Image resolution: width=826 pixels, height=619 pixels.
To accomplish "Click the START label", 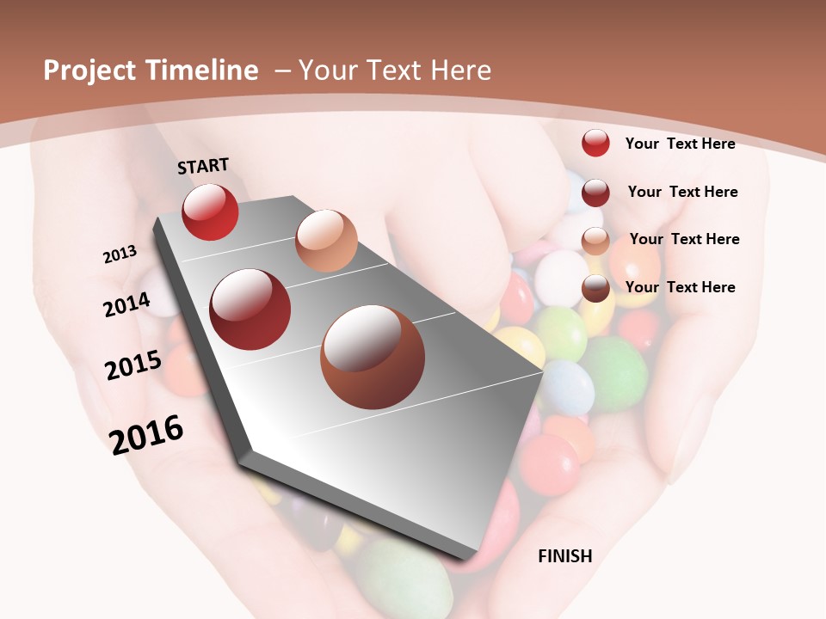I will (x=203, y=166).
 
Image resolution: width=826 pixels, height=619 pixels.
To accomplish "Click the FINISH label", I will (x=565, y=556).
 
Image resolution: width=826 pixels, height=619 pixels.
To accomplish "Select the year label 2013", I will (x=120, y=254).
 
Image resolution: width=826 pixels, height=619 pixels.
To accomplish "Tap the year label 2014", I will (x=126, y=304).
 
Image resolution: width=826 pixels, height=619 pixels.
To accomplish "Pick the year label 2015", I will (x=133, y=365).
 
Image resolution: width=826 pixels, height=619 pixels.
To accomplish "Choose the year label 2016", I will (x=146, y=434).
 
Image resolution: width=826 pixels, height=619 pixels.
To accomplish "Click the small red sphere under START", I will (x=210, y=211).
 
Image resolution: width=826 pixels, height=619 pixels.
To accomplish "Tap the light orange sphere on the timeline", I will (x=326, y=241).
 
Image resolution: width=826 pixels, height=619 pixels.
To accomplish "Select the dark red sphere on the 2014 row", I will (x=250, y=309).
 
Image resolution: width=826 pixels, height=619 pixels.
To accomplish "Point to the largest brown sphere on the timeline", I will (x=373, y=356).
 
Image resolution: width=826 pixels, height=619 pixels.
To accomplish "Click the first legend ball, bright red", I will (x=595, y=143).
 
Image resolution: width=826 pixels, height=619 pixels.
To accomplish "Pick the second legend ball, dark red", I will (x=595, y=193).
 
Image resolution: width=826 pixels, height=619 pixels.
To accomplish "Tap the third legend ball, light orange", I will (x=595, y=241).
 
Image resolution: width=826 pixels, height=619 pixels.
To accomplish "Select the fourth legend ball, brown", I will (x=595, y=288).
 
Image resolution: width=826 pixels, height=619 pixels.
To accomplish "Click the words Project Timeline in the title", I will (x=151, y=70).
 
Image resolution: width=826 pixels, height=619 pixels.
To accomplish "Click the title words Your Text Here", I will (x=395, y=70).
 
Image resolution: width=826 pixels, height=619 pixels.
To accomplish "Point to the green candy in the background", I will (x=613, y=373).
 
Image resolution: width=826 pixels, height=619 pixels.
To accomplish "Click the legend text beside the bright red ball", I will (x=680, y=144).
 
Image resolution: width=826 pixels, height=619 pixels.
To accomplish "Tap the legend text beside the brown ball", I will (x=680, y=287).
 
